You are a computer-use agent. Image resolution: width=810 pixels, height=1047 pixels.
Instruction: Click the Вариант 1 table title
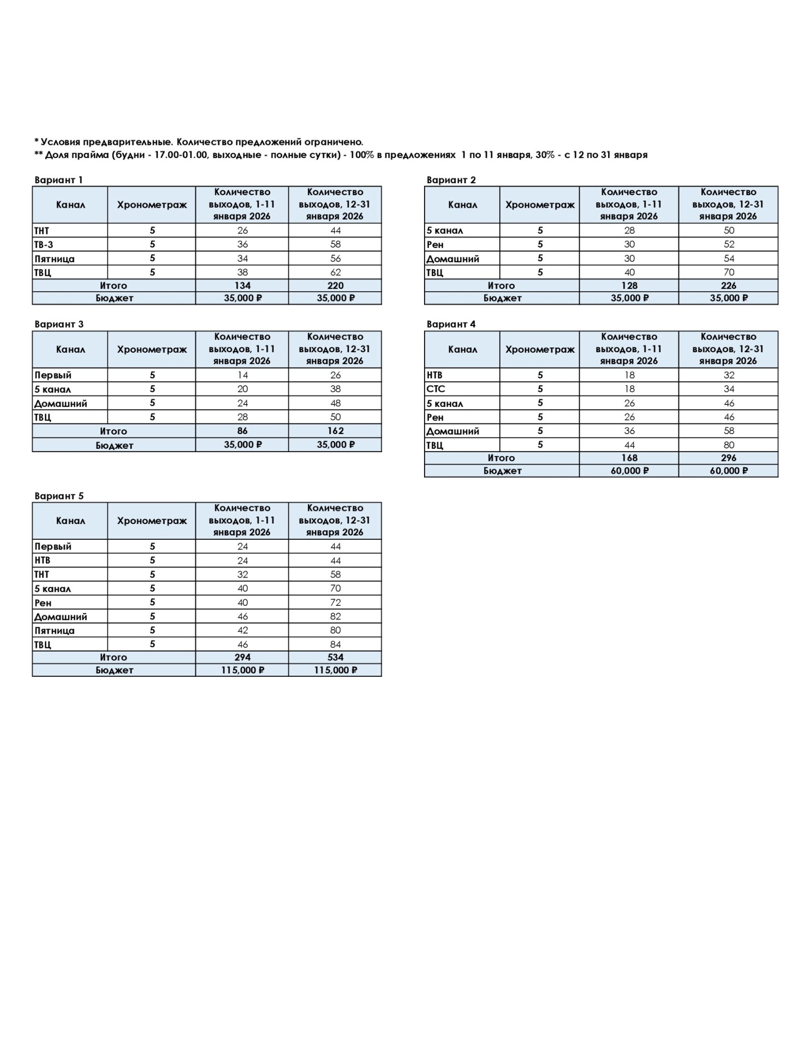(x=58, y=180)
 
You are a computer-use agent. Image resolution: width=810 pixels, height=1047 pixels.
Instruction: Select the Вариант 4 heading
(x=451, y=324)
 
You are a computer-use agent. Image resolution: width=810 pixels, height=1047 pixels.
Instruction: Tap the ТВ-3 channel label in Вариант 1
(x=44, y=244)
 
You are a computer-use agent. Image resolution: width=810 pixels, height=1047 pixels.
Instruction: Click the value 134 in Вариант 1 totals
(x=242, y=285)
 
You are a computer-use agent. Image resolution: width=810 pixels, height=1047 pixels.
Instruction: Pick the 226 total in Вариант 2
(x=728, y=285)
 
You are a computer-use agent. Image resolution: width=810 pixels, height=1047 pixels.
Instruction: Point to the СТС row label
(x=436, y=389)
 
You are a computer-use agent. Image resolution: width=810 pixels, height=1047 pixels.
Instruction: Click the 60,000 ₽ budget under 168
(x=629, y=471)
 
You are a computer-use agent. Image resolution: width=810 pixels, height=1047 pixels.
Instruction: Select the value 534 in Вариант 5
(x=335, y=657)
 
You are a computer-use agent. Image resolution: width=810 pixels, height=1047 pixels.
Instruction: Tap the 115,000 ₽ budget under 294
(x=242, y=670)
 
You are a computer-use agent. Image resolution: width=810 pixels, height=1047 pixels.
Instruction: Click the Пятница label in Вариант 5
(x=55, y=630)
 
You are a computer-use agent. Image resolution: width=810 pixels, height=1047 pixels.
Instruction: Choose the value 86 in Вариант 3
(x=242, y=431)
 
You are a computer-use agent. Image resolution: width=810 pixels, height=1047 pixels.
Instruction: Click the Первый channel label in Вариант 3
(x=53, y=375)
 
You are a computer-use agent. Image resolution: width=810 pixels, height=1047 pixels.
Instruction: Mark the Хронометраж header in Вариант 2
(x=540, y=205)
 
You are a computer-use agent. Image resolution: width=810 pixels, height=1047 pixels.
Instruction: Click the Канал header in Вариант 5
(x=70, y=521)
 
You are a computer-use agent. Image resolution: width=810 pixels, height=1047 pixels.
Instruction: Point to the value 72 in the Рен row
(x=335, y=603)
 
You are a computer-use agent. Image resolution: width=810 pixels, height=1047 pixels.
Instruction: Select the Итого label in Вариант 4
(x=501, y=458)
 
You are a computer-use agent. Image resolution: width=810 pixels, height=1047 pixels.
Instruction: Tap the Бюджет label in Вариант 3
(x=114, y=445)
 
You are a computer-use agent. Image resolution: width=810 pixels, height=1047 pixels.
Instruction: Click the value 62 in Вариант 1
(x=335, y=272)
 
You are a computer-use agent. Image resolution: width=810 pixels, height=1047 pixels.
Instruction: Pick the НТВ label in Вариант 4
(x=434, y=375)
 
